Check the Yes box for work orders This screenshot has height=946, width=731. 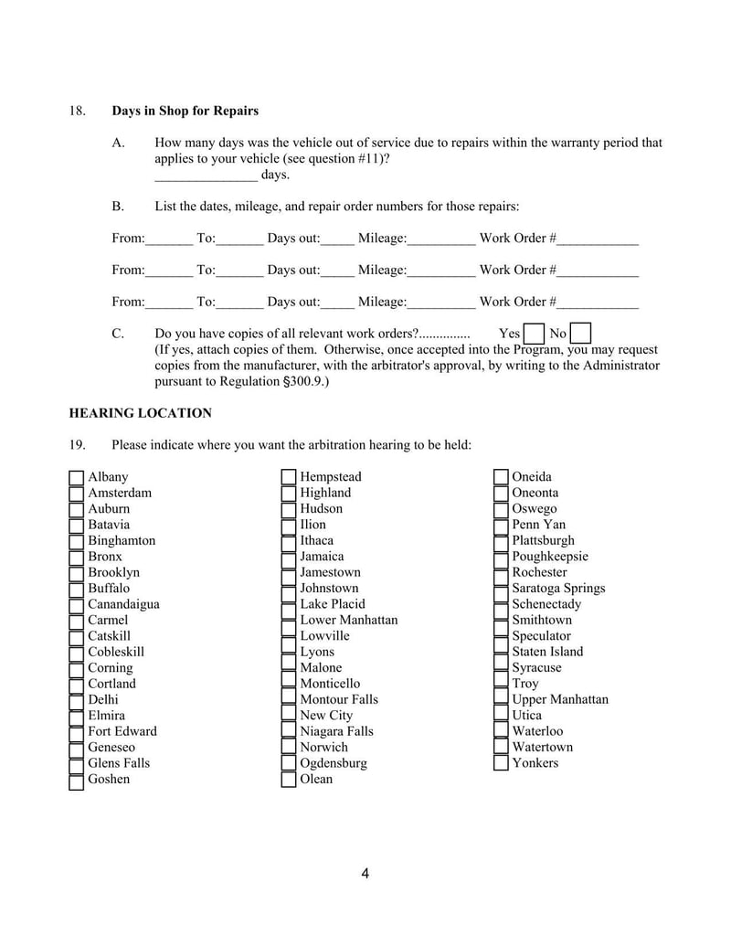534,334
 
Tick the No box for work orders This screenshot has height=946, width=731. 579,334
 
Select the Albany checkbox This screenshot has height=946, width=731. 77,477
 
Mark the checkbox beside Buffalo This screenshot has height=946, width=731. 77,589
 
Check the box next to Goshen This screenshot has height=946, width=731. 77,780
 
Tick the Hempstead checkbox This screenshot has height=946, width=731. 289,477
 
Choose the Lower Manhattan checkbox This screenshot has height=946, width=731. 289,621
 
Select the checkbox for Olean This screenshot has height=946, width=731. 289,780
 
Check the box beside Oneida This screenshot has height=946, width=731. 501,477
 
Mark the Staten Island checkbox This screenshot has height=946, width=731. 501,652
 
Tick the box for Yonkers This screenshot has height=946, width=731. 501,763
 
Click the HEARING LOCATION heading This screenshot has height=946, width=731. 141,413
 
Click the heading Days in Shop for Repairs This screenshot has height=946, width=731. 185,111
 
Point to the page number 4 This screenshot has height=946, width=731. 365,874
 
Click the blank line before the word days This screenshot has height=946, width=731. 206,175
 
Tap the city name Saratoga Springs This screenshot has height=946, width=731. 558,589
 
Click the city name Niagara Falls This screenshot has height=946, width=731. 336,731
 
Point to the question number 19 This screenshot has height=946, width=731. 78,445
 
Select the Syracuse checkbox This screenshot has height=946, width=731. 501,668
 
